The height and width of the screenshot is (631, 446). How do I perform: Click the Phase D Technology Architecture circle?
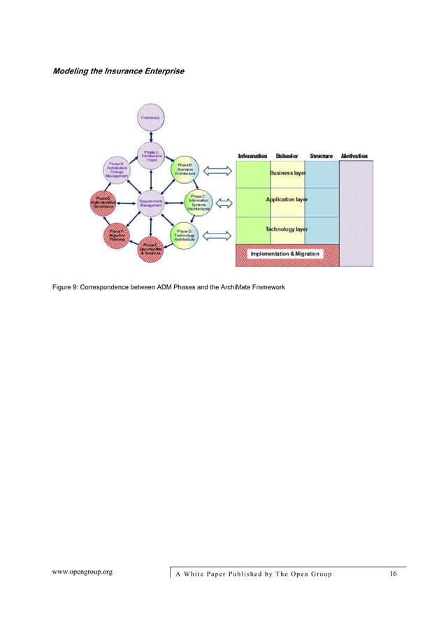click(x=186, y=235)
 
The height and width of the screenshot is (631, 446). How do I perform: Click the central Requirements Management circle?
click(x=151, y=202)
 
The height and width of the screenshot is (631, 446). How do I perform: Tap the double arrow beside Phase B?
click(x=220, y=172)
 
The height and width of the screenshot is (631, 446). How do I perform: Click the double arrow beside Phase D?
click(x=220, y=232)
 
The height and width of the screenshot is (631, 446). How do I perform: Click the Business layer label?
click(x=288, y=172)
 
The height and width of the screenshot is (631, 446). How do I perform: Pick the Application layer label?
click(x=287, y=200)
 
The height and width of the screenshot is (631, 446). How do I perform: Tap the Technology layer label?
click(x=287, y=229)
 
